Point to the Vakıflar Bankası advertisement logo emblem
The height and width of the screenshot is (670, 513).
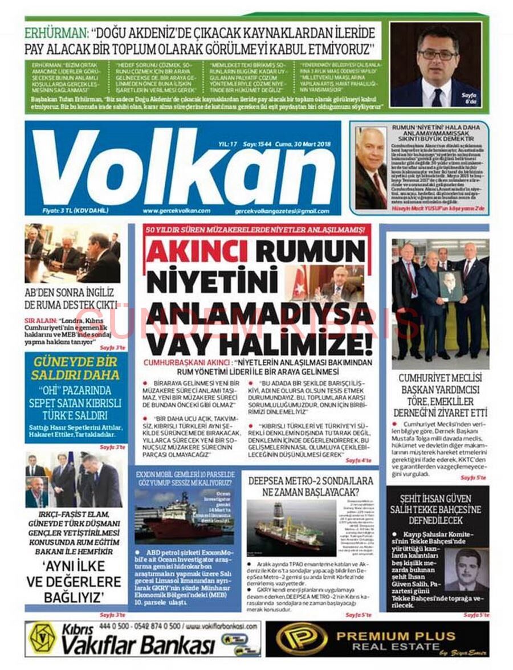[44, 638]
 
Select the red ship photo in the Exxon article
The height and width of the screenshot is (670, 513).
[184, 515]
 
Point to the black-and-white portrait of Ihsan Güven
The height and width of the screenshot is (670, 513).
[466, 570]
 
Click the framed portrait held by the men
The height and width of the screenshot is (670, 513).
[450, 285]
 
